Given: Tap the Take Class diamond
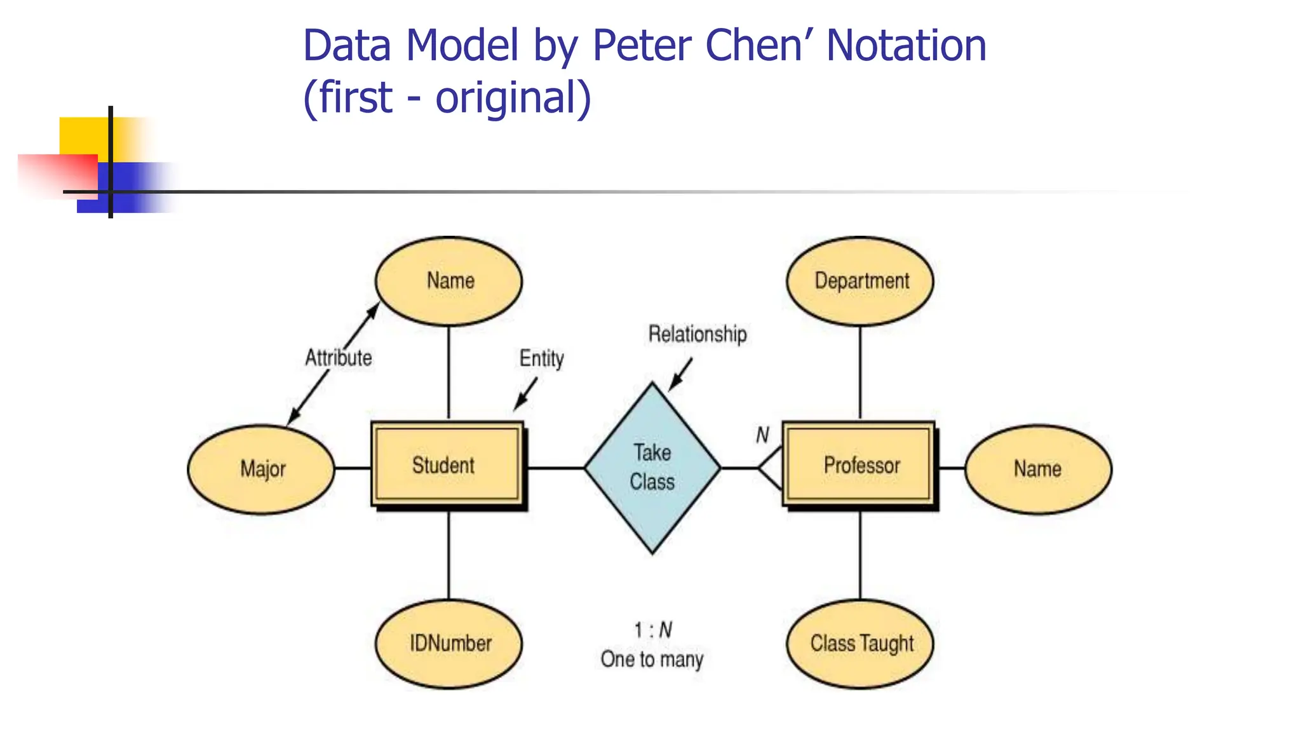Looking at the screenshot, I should coord(652,468).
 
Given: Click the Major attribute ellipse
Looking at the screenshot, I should coord(261,469).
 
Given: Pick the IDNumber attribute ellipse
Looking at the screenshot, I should coord(449,643).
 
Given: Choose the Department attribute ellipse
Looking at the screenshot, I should coord(860,281).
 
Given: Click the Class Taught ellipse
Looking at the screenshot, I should coord(860,643).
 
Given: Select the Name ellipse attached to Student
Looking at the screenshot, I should coord(449,281).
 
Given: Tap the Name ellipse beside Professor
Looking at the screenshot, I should coord(1038,469).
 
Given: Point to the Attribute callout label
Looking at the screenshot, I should coord(339,358).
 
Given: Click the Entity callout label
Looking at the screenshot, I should coord(541,358).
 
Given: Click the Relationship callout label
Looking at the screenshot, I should coord(697,334).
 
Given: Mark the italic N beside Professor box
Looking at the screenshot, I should coord(762,435).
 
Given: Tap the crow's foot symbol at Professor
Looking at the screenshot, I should coord(771,468).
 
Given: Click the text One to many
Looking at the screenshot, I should coord(652,659).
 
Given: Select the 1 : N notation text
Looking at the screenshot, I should coord(652,630).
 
